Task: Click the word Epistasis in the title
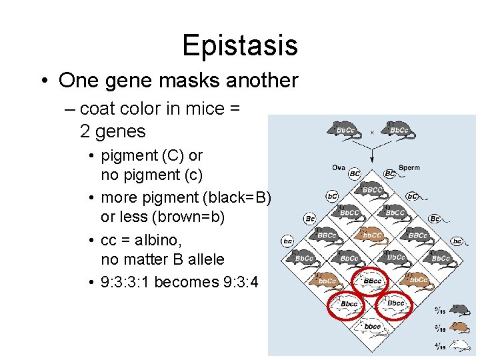239,46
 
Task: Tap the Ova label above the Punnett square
339,167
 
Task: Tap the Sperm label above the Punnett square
409,167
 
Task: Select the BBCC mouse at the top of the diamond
372,191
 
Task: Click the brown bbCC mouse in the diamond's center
371,235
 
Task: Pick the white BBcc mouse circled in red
372,281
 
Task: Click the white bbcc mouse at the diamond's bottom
371,326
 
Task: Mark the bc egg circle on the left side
287,241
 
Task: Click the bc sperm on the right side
457,241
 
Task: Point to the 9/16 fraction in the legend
440,310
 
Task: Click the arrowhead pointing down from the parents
372,156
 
